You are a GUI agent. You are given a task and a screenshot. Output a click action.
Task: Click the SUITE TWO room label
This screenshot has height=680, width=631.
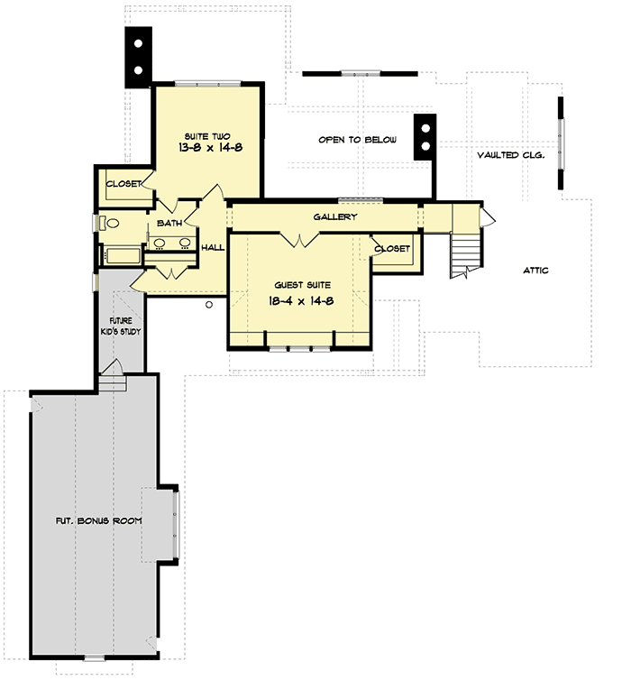coord(207,135)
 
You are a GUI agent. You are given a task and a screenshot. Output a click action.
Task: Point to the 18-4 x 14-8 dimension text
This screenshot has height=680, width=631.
coord(301,301)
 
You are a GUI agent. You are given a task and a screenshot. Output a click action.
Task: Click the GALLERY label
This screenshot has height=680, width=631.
coord(335,216)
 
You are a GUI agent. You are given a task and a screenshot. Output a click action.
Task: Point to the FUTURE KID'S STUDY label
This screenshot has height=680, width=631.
coord(122,326)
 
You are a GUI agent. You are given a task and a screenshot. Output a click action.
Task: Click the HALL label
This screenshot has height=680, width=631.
coord(213,247)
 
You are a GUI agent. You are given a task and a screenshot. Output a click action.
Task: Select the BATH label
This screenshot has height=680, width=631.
coord(170,223)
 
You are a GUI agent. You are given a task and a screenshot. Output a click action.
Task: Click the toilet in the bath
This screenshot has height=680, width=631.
coord(108,223)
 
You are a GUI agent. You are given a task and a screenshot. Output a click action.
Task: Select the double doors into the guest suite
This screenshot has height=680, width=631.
coord(299,239)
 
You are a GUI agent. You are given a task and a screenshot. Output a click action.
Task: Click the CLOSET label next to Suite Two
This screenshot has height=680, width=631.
coord(123,184)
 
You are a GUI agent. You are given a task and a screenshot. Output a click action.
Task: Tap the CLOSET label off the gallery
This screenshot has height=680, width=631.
coord(392,248)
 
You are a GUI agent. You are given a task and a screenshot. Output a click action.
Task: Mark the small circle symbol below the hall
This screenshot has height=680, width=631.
coord(208,305)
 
